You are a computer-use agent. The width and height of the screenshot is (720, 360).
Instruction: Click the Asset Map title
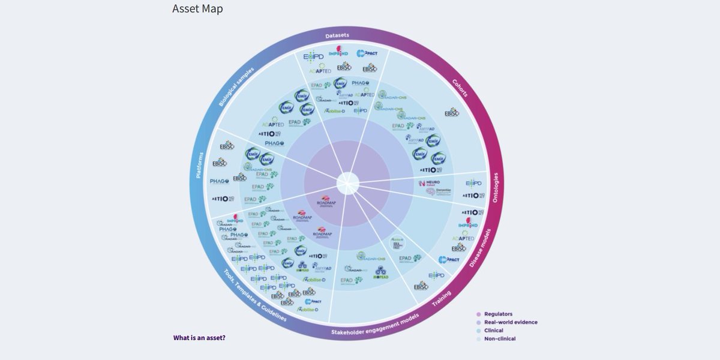[x=197, y=9]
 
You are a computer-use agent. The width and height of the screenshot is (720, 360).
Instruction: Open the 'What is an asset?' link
[x=199, y=337]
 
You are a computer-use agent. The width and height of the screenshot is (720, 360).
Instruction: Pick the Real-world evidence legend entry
[x=511, y=322]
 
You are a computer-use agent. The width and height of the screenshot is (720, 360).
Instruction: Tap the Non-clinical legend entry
[x=500, y=338]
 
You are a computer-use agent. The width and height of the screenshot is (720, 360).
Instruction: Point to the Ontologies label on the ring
[x=495, y=188]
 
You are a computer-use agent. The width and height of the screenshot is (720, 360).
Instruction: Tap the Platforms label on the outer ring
[x=200, y=169]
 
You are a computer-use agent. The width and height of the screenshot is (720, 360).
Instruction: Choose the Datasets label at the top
[x=337, y=35]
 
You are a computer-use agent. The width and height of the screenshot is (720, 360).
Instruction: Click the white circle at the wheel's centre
[x=347, y=183]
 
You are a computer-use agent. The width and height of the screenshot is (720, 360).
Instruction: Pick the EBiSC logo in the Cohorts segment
[x=452, y=112]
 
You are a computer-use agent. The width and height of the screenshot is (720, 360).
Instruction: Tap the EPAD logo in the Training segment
[x=406, y=258]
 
